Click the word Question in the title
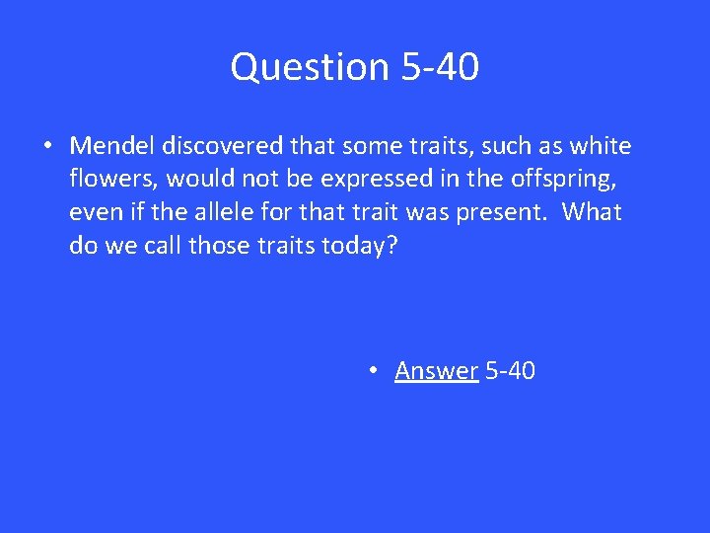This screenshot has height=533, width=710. [x=312, y=67]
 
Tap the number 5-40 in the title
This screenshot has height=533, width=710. [x=441, y=67]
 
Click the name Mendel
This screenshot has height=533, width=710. [x=112, y=147]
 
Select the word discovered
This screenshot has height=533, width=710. [x=224, y=147]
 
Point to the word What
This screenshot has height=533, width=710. [x=593, y=213]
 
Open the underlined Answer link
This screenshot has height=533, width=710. [x=436, y=371]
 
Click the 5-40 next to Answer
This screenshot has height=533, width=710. [x=511, y=371]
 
